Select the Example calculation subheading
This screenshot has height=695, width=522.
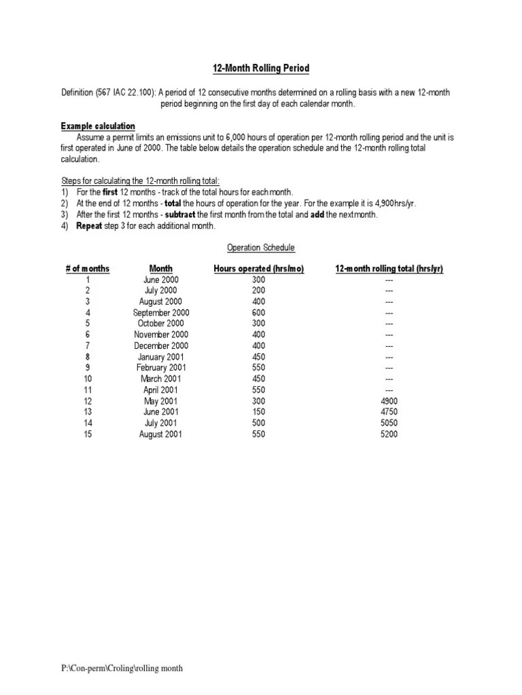[98, 126]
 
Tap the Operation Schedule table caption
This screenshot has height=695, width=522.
[260, 248]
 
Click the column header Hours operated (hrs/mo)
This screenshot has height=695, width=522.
[258, 269]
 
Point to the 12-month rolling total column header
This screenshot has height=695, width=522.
[389, 269]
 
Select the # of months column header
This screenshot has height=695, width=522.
[87, 269]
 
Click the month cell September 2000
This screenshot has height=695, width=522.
[161, 313]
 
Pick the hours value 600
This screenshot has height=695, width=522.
[258, 313]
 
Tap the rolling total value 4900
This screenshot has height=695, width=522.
[389, 401]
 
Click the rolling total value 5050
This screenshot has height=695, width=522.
[389, 423]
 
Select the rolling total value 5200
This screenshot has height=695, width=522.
[389, 434]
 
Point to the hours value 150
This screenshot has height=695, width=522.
[258, 412]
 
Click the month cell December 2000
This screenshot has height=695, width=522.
[161, 345]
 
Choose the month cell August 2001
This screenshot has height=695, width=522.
[161, 434]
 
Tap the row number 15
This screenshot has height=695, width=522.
[87, 434]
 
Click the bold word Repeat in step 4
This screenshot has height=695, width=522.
[89, 226]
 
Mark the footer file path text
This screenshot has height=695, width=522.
[122, 669]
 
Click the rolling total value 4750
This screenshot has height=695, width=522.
[389, 412]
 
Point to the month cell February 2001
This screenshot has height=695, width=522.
[161, 368]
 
